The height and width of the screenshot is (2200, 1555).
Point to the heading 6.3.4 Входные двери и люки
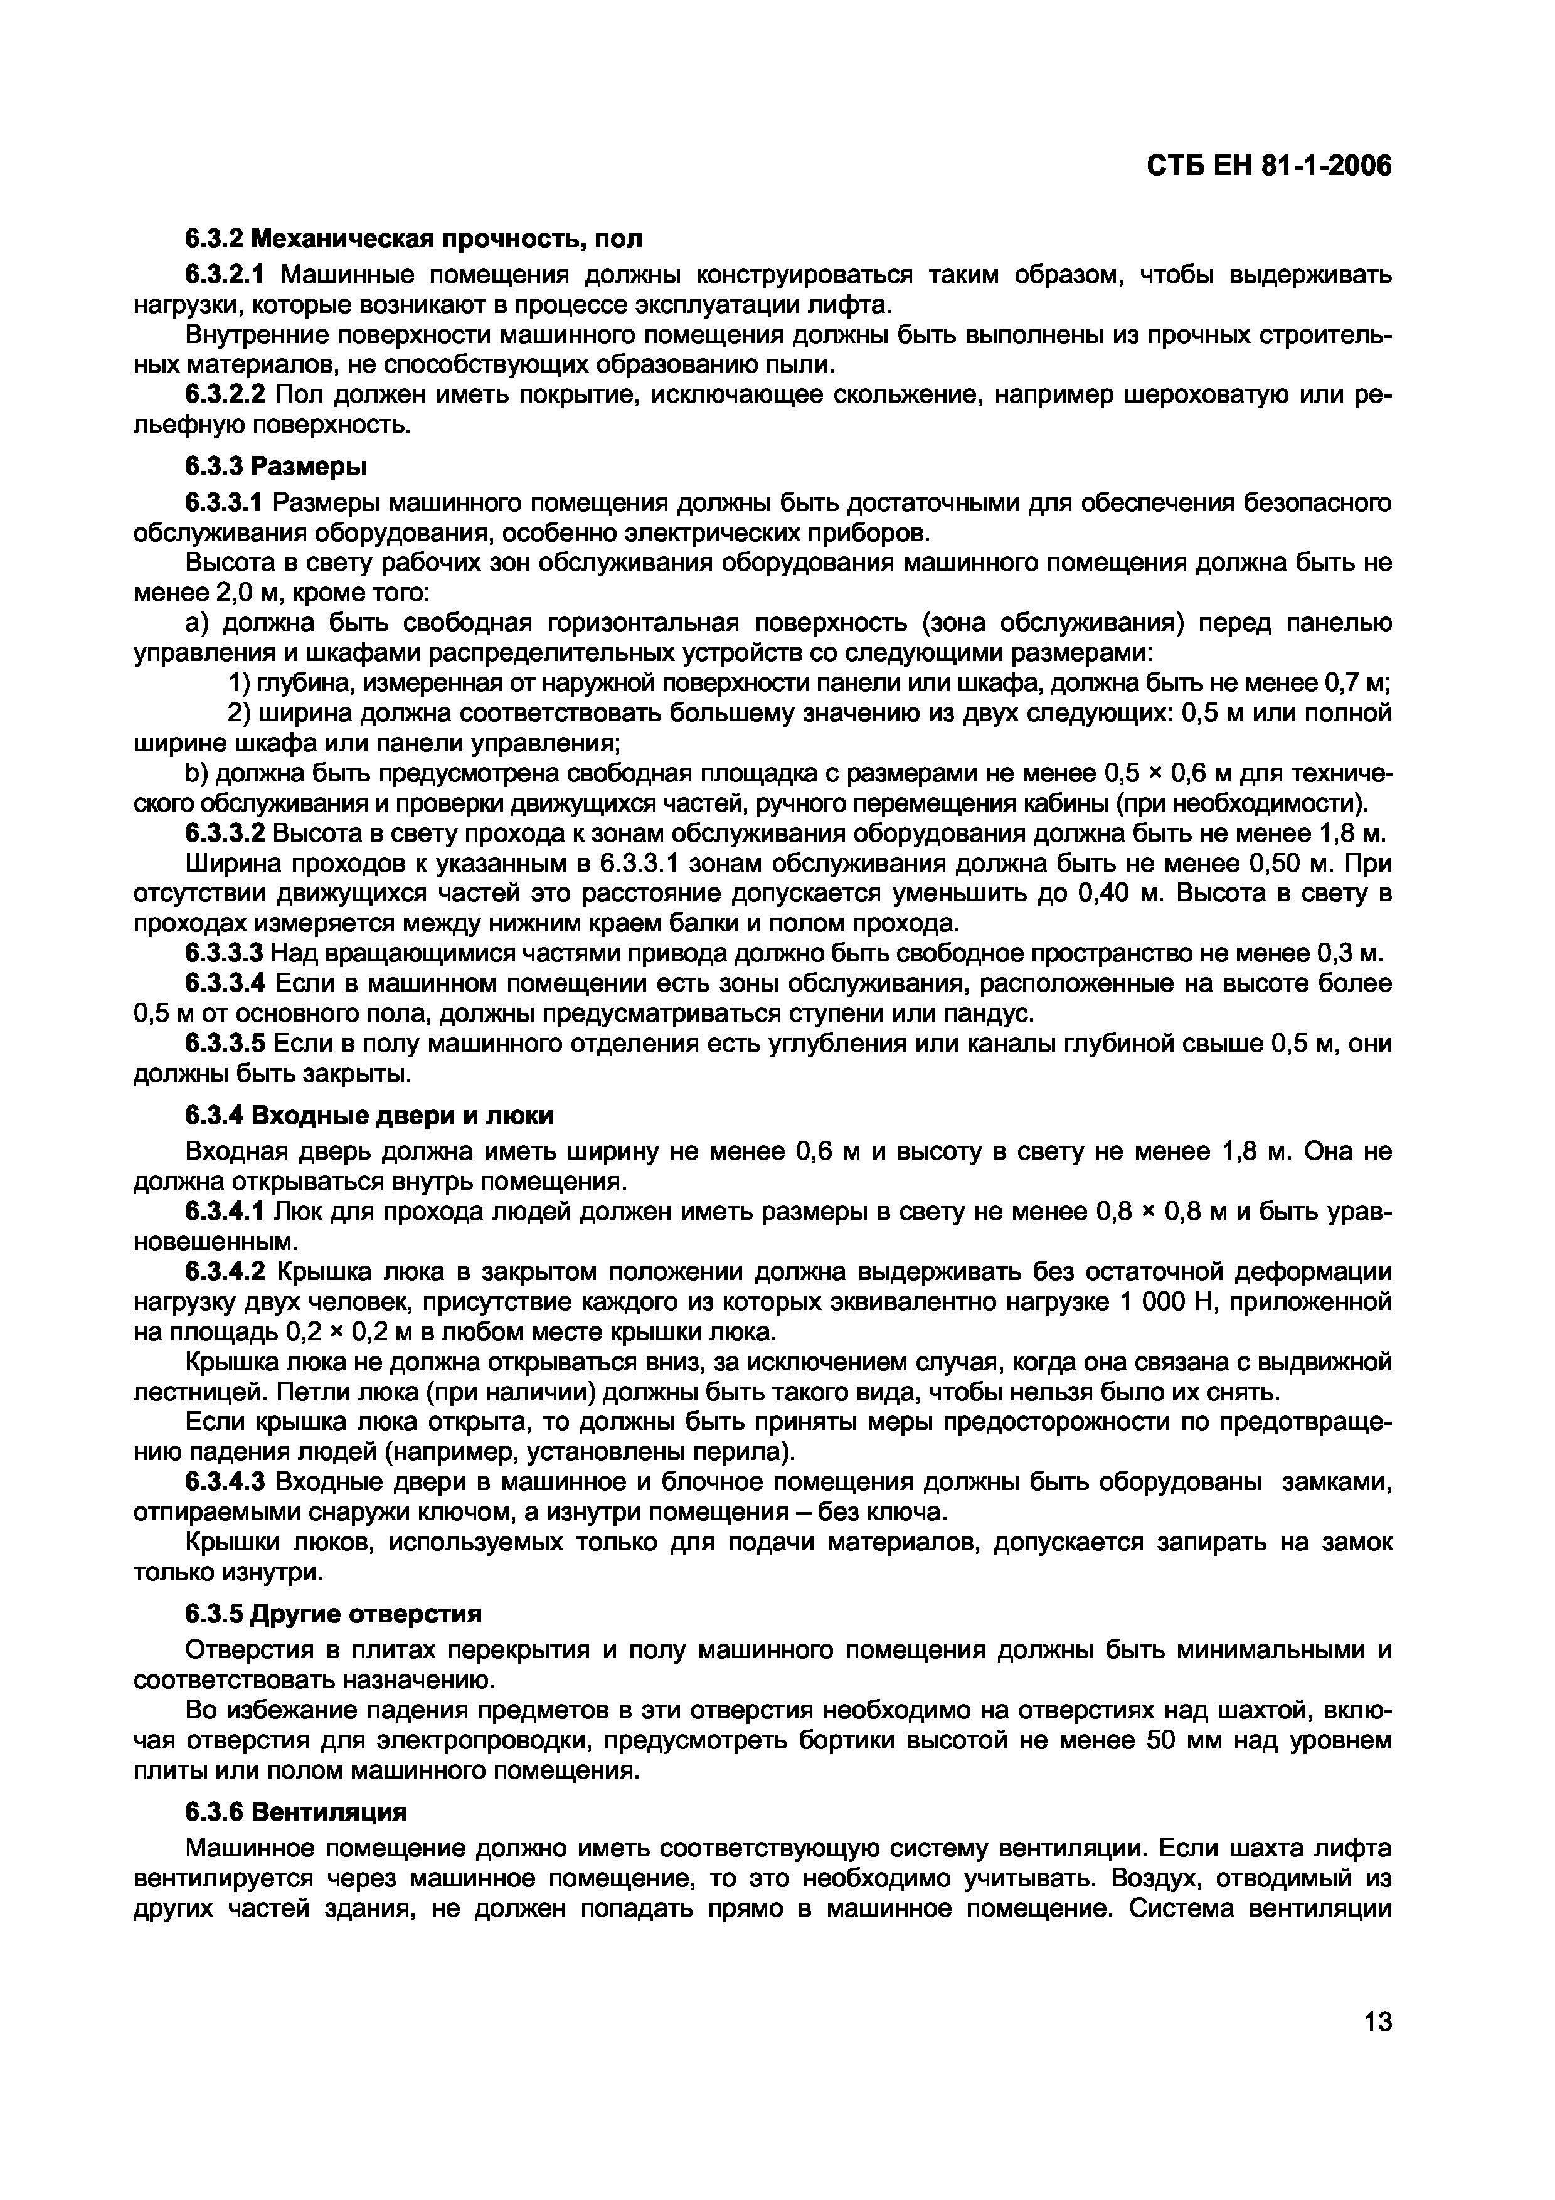[369, 1115]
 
